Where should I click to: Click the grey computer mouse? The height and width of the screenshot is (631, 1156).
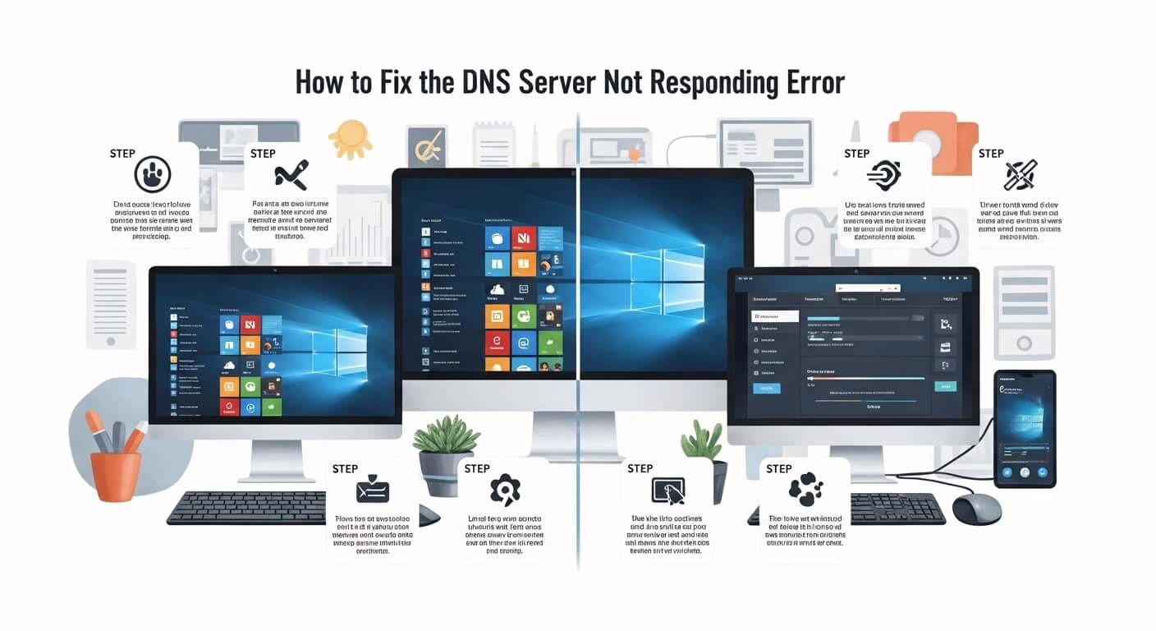click(x=976, y=509)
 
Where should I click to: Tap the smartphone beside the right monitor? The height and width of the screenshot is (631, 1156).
click(x=1024, y=427)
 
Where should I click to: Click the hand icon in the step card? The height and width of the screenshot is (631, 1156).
click(x=152, y=174)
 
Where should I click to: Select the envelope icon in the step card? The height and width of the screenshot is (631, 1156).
click(x=373, y=491)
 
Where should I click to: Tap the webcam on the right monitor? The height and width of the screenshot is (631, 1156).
click(x=854, y=270)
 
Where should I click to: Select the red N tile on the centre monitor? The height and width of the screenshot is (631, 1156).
click(x=523, y=238)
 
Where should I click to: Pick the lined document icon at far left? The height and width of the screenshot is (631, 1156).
click(x=111, y=303)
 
